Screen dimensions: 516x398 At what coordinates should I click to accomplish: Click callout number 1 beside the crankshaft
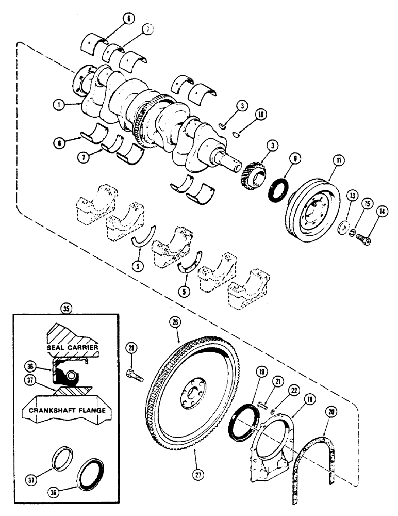(x=61, y=103)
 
